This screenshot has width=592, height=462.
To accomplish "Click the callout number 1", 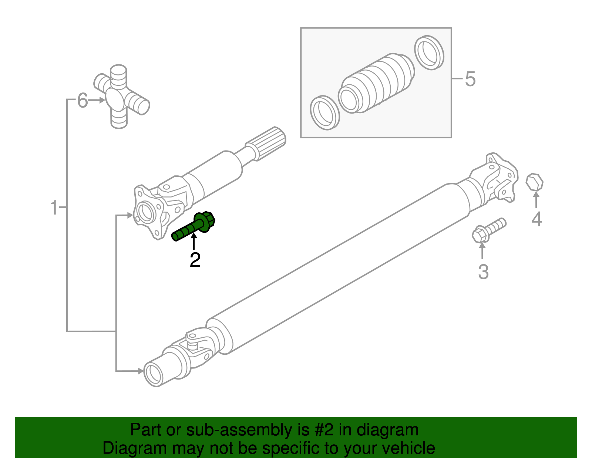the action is click(x=54, y=208).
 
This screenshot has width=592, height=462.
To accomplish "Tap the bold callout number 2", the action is click(x=195, y=260).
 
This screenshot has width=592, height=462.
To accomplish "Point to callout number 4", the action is click(x=536, y=219).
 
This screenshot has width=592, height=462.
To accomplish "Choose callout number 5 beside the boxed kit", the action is click(x=470, y=79).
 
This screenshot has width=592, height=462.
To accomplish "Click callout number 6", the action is click(x=83, y=100).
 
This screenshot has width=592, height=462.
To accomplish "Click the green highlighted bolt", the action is click(x=194, y=226).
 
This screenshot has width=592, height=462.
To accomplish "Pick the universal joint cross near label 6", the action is click(x=122, y=97).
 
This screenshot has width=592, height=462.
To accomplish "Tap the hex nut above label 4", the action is click(x=534, y=182).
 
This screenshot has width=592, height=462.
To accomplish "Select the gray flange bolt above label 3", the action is click(x=489, y=230).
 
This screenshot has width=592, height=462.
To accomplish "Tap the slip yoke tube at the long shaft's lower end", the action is click(x=164, y=369).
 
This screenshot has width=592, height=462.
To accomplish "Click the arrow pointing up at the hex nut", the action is click(x=536, y=200).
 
